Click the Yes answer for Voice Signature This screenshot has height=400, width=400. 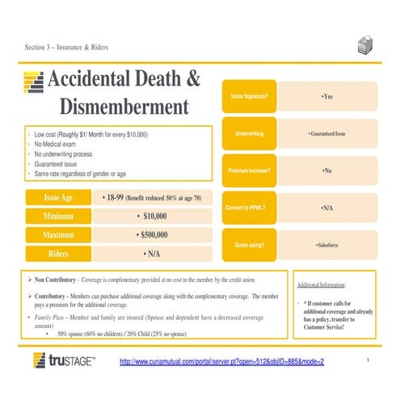(x=326, y=97)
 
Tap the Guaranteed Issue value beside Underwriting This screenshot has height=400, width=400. (x=326, y=133)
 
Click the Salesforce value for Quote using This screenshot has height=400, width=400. (x=326, y=244)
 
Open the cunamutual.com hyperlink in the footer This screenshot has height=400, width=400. (x=221, y=360)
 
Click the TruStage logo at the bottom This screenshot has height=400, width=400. (x=64, y=360)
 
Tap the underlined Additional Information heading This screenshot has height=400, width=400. (x=322, y=285)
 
